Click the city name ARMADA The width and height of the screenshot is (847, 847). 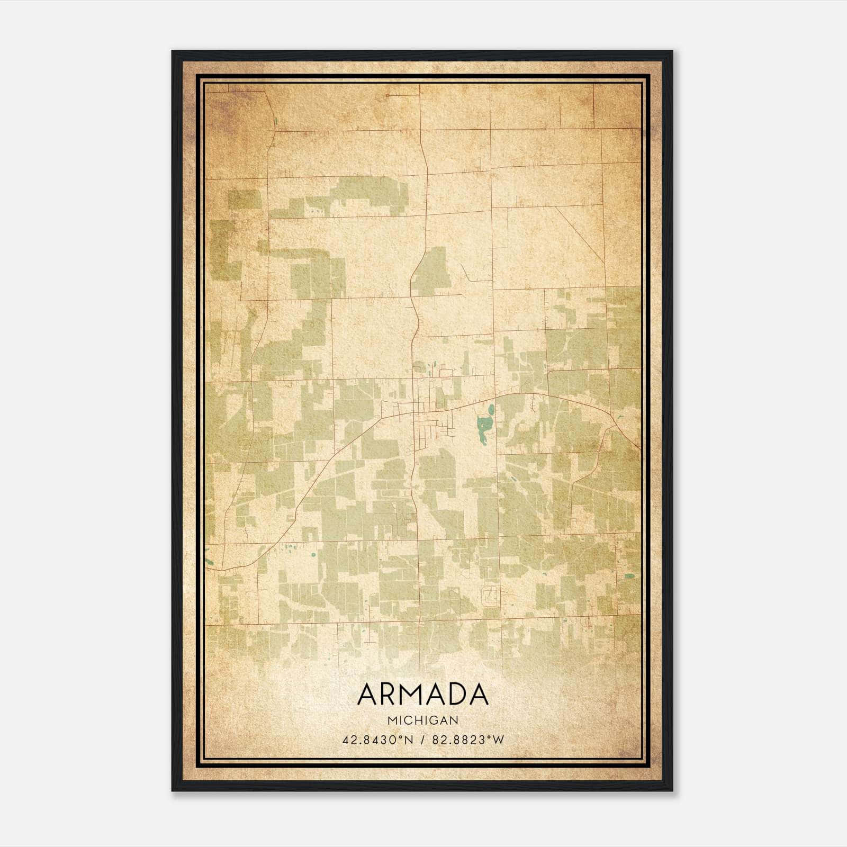(x=422, y=695)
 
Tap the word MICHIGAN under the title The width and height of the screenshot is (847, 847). (x=422, y=720)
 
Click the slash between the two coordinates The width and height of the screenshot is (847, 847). (x=422, y=740)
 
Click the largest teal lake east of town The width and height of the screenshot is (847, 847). (x=484, y=426)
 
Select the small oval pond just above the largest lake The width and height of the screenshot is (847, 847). (x=491, y=409)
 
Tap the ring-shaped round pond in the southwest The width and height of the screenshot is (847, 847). (x=313, y=555)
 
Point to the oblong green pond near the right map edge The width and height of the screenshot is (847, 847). (x=628, y=576)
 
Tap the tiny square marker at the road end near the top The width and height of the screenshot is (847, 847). (x=387, y=96)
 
